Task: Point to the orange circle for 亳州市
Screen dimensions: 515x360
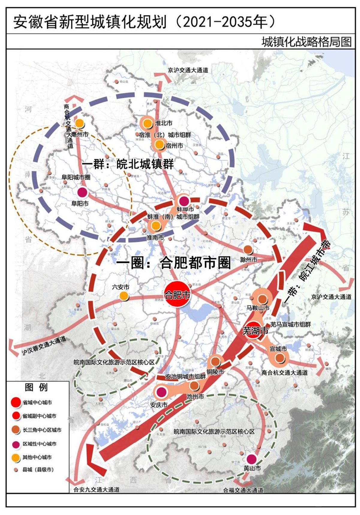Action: (79, 123)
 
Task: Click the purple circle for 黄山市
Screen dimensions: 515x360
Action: (251, 459)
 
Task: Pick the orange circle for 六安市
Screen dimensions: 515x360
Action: (123, 296)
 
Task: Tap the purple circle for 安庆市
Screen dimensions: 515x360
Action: (161, 392)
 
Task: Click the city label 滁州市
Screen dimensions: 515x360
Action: (249, 260)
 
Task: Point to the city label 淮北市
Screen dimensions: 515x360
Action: (164, 123)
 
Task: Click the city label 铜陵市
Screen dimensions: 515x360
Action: (215, 372)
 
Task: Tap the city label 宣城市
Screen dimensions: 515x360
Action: (278, 349)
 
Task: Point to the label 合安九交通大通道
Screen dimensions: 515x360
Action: (97, 490)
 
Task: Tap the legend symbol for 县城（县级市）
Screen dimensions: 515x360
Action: (16, 470)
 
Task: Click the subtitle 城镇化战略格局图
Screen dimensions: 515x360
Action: (306, 42)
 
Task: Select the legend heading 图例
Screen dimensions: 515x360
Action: (36, 387)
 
